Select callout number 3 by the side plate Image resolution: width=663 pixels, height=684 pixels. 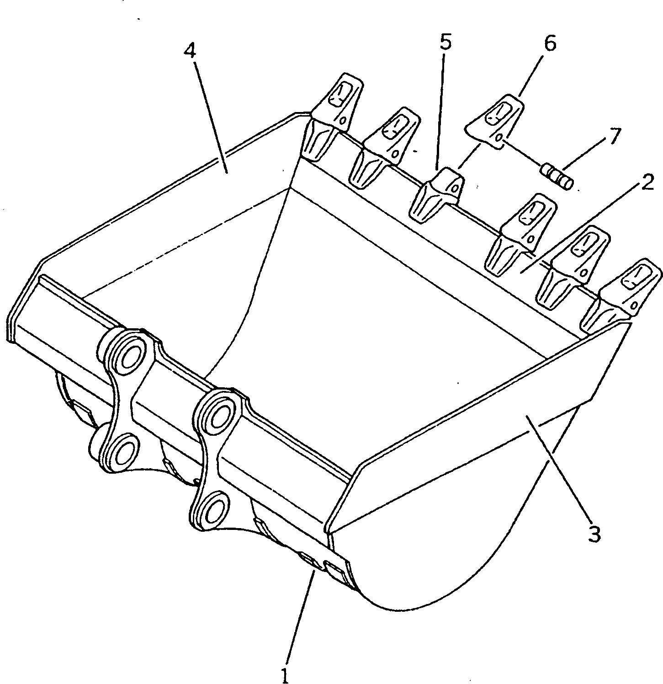click(594, 533)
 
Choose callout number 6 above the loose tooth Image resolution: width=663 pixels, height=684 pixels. click(550, 44)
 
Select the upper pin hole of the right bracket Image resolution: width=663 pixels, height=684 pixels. click(221, 413)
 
